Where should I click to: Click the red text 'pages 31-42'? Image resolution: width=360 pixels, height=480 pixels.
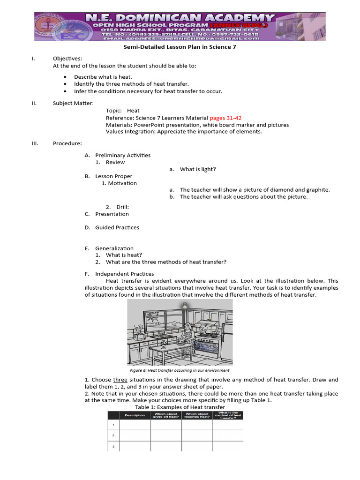point(225,118)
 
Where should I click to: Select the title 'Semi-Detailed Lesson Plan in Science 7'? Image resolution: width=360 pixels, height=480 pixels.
point(180,47)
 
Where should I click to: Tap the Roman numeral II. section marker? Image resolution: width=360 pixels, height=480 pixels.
point(34,103)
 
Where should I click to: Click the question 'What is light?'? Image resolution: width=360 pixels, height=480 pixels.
point(198,169)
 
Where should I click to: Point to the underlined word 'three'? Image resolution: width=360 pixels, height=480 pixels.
point(120,380)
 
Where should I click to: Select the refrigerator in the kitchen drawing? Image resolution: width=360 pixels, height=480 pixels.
point(227,337)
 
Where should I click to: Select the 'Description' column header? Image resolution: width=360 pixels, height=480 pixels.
point(135,415)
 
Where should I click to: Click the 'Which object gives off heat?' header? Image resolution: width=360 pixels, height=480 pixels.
point(166,415)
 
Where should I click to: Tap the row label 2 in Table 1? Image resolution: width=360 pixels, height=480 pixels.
point(113,435)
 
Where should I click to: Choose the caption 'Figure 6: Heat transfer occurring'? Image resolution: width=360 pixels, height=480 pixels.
point(180,370)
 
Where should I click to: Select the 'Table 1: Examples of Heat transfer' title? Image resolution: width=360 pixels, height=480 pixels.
point(180,407)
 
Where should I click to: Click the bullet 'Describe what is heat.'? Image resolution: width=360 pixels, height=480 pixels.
point(103,77)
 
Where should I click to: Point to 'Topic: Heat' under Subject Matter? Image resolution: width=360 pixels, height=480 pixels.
point(122,111)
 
